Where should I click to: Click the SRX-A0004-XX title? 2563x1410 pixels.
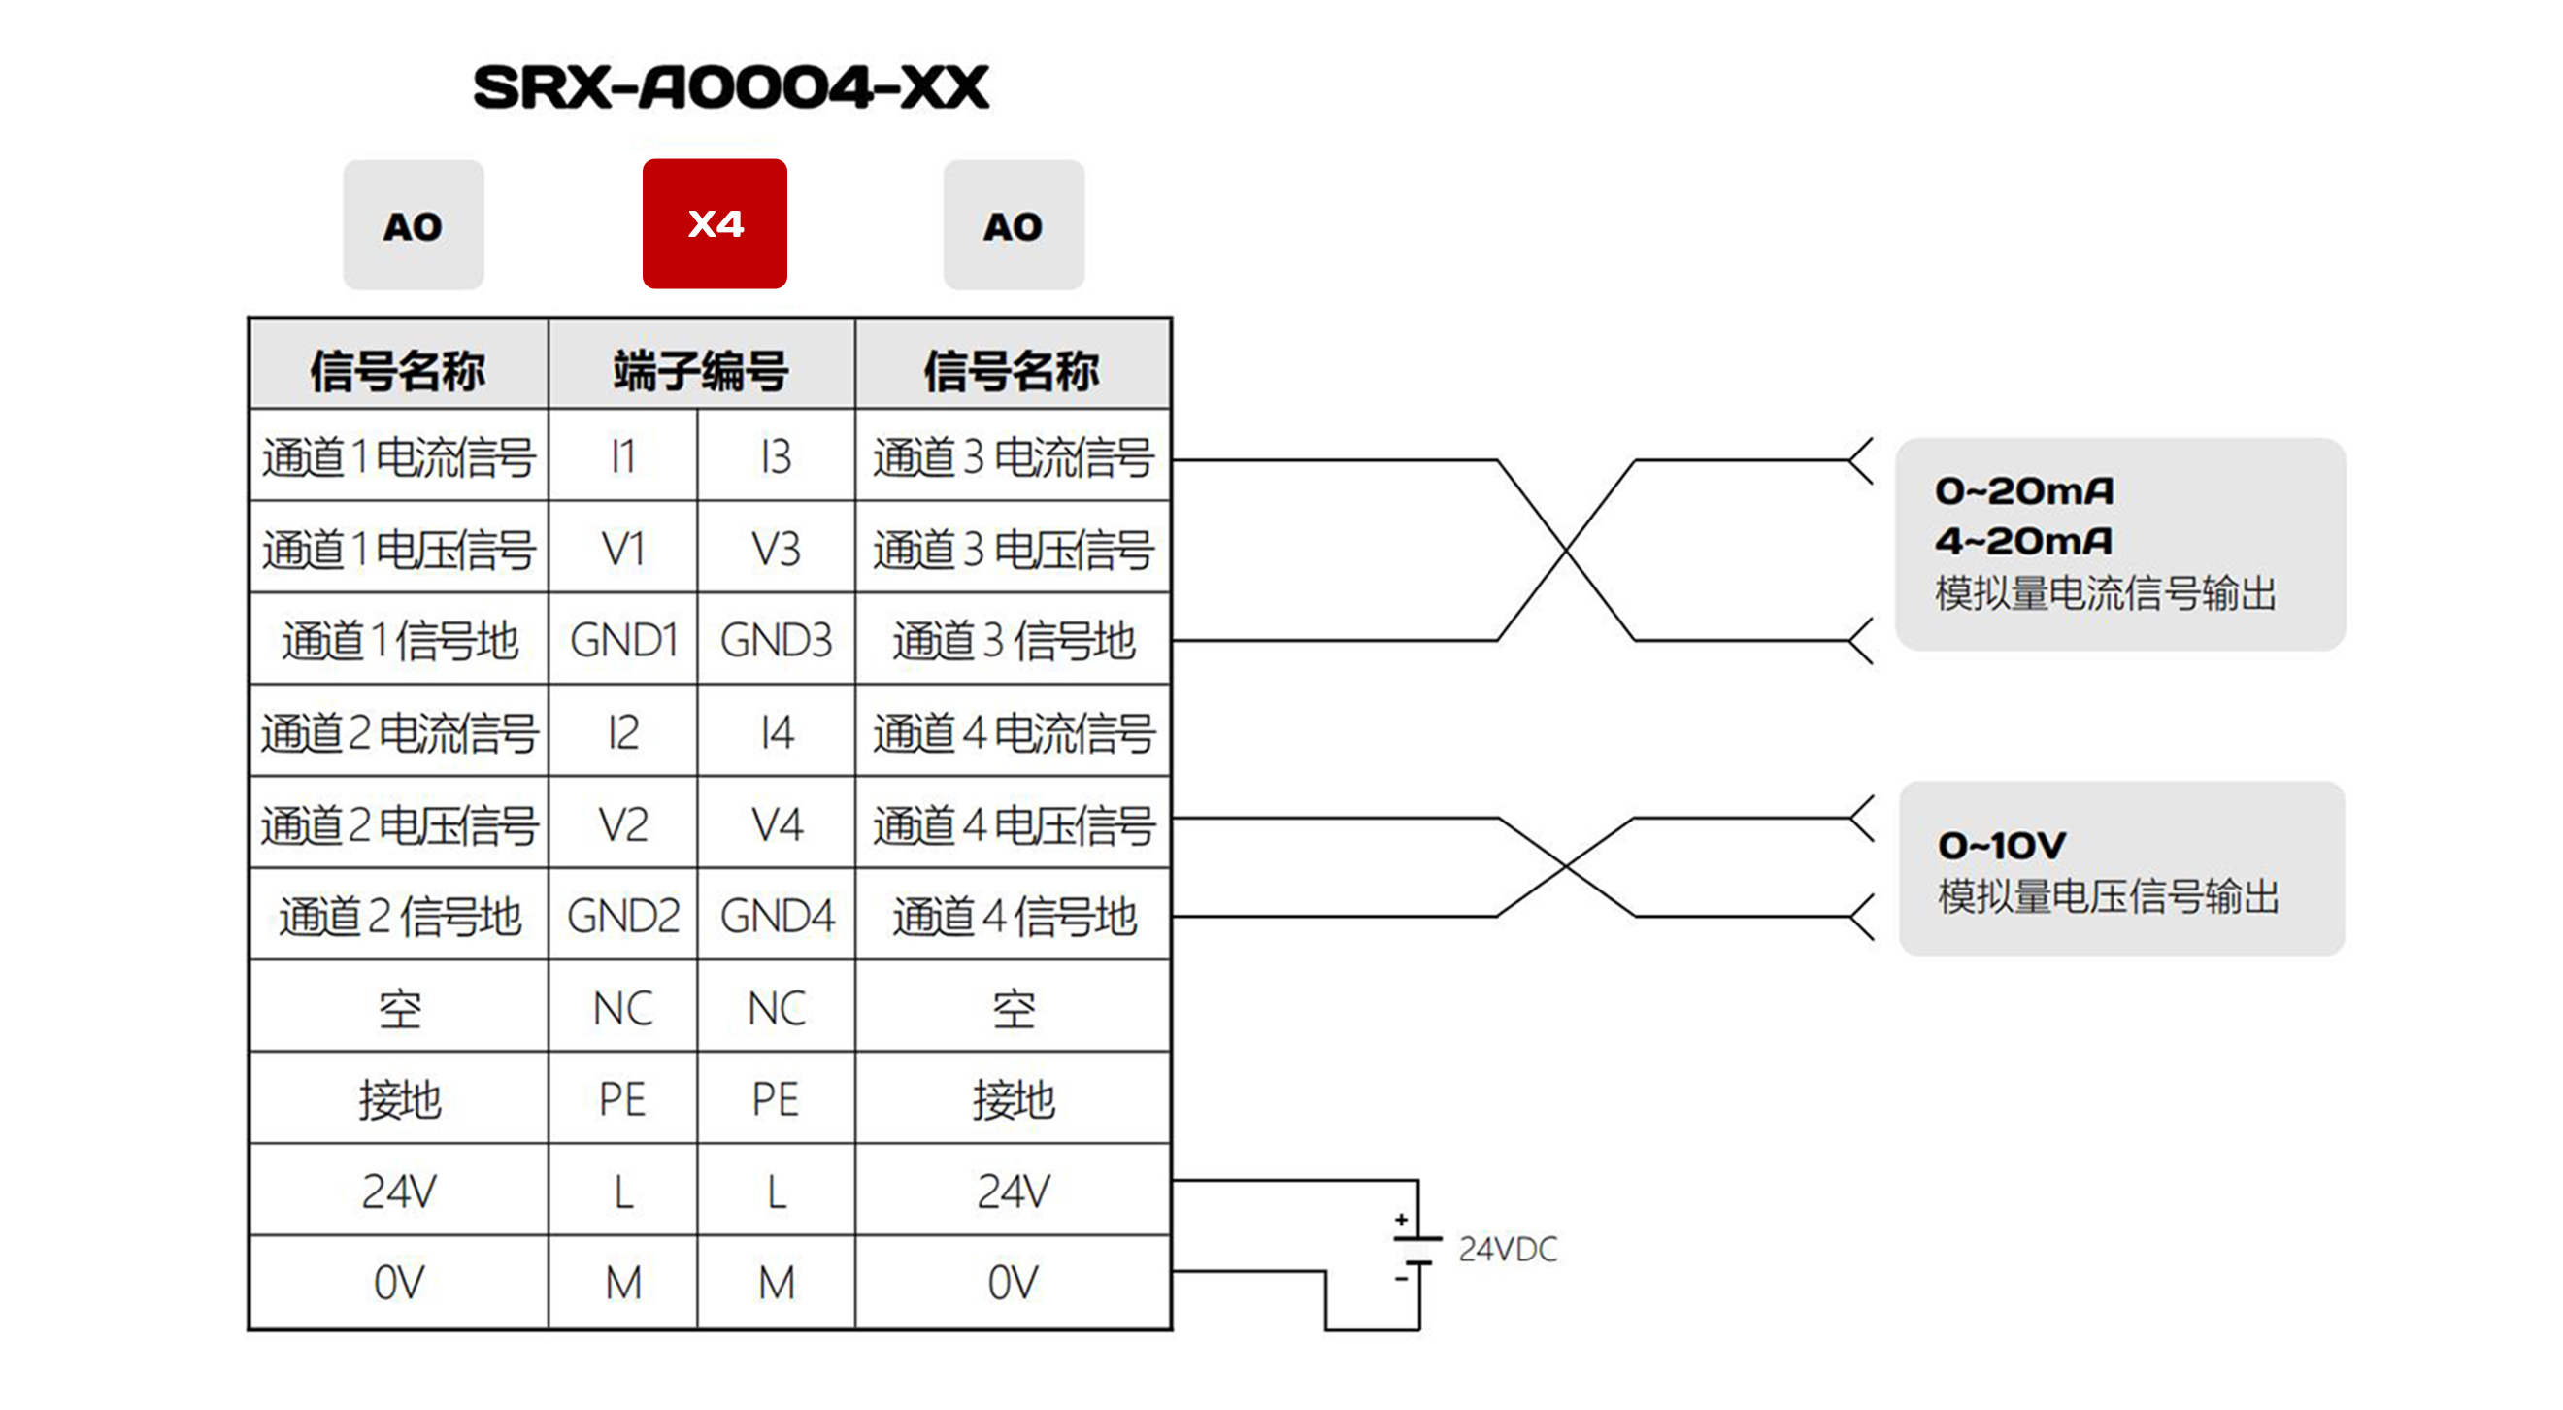[730, 87]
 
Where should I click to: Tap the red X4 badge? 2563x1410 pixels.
[715, 224]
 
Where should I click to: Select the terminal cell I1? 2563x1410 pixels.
[623, 456]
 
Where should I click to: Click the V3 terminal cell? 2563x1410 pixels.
[776, 549]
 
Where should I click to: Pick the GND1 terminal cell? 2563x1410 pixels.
[623, 640]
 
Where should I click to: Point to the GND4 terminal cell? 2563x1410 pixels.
[776, 916]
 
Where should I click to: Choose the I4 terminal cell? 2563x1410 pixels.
[776, 732]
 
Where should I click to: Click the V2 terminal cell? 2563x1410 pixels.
[623, 823]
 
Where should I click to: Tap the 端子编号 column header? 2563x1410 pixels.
[700, 370]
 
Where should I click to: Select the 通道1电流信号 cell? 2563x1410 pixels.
[399, 456]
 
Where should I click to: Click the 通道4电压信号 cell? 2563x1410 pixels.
[1013, 823]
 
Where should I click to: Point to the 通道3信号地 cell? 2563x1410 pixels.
[1013, 640]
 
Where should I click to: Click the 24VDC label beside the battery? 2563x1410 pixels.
[1508, 1250]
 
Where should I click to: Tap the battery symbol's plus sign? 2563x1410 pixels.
[1401, 1219]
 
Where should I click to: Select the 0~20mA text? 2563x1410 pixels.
[2024, 490]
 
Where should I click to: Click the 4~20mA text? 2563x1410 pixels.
[2024, 541]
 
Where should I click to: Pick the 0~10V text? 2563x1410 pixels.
[2002, 846]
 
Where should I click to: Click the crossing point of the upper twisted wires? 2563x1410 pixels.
[1566, 550]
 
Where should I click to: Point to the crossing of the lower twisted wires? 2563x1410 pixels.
[1566, 867]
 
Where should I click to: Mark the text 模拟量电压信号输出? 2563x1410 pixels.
[2108, 896]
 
